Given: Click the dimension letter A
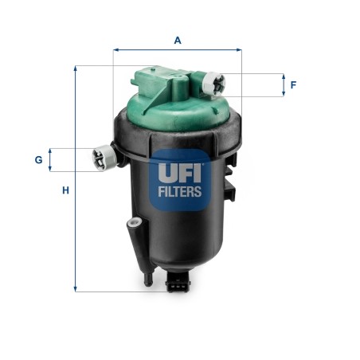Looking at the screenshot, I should [177, 39].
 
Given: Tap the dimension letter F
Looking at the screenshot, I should [292, 84].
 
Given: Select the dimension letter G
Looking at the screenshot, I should [37, 160].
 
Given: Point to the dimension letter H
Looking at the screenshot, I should [67, 190].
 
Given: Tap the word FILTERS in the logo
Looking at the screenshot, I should [178, 191].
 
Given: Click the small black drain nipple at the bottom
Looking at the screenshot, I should [148, 280].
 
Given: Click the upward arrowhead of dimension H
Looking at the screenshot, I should [76, 69].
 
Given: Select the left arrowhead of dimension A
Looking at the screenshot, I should [116, 49].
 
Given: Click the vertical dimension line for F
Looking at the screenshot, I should [283, 84].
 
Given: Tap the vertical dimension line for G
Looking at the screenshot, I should [51, 159].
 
